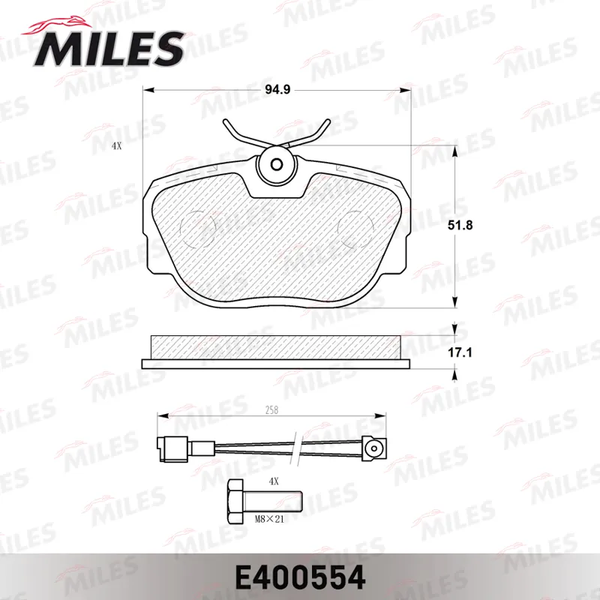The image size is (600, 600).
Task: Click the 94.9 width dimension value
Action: [x=277, y=89]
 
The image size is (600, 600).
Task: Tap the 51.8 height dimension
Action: [x=460, y=225]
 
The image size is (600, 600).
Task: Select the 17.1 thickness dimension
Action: [x=460, y=352]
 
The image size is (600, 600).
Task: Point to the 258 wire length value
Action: [x=271, y=410]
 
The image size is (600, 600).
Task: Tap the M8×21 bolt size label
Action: [x=269, y=519]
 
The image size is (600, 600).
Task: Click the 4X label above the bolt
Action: [x=274, y=481]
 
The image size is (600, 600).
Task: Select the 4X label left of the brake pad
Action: [x=117, y=145]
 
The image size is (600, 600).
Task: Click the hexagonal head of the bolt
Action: [x=235, y=502]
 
